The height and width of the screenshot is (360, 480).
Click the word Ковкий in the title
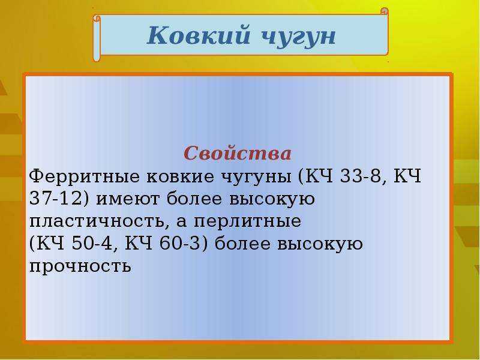click(x=199, y=36)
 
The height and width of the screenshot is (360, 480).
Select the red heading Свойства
click(x=237, y=153)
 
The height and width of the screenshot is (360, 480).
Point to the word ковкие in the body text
click(x=180, y=176)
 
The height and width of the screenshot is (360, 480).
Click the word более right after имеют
click(x=194, y=198)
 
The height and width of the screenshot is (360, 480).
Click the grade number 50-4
click(x=92, y=244)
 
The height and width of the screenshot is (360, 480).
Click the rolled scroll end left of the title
click(x=97, y=38)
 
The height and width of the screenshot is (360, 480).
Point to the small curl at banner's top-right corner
click(x=385, y=11)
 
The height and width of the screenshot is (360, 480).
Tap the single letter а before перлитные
click(x=181, y=222)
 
